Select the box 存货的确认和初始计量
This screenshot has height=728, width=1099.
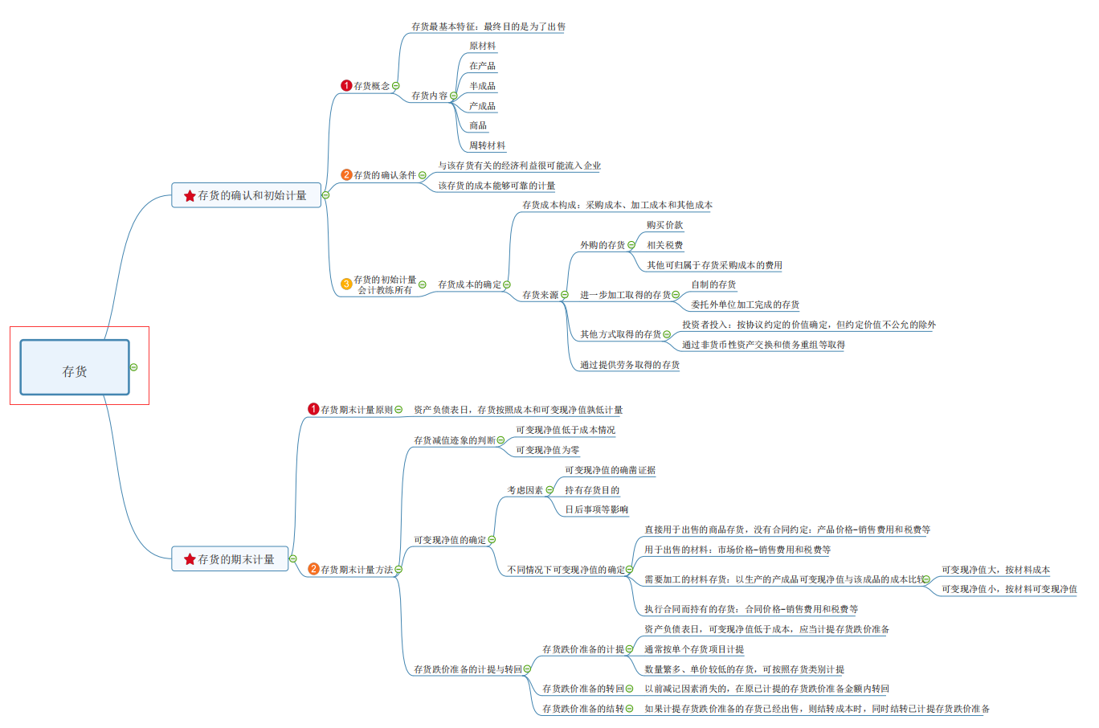246,195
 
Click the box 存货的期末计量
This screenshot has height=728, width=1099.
230,559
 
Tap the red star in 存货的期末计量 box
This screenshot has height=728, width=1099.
190,559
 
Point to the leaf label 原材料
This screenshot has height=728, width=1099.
482,47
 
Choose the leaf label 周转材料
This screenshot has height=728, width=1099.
487,146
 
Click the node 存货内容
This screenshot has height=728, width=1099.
429,96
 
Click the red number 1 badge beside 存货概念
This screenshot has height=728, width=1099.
346,85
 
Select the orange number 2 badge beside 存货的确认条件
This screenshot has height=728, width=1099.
346,174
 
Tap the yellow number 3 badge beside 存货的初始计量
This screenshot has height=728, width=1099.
346,284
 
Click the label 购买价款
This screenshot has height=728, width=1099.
664,226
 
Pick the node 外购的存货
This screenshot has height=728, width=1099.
603,245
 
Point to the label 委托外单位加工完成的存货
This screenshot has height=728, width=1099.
745,305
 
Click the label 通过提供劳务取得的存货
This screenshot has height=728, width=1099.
630,365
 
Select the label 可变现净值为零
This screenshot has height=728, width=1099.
547,451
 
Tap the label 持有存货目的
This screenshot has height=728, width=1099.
591,490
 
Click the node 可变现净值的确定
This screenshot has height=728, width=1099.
449,540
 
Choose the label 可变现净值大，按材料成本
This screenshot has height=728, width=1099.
995,570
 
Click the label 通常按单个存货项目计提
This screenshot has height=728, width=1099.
693,649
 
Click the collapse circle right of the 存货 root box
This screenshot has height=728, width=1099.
134,367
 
